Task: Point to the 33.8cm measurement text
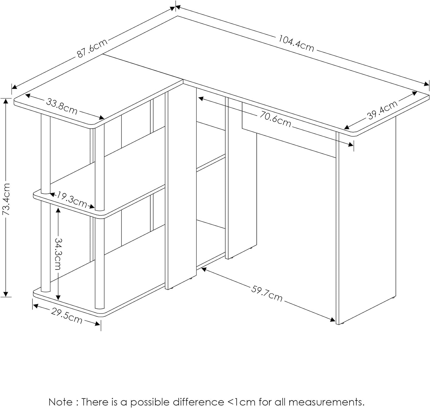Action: [62, 106]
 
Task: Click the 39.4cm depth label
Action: [382, 110]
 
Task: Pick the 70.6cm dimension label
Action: [275, 119]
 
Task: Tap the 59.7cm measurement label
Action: [267, 293]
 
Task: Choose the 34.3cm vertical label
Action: [58, 254]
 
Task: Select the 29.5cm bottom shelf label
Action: [67, 316]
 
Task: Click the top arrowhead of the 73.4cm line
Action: [6, 101]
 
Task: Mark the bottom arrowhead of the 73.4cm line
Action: [6, 294]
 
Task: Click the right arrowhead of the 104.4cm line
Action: [426, 84]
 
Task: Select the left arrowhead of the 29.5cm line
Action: [36, 305]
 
